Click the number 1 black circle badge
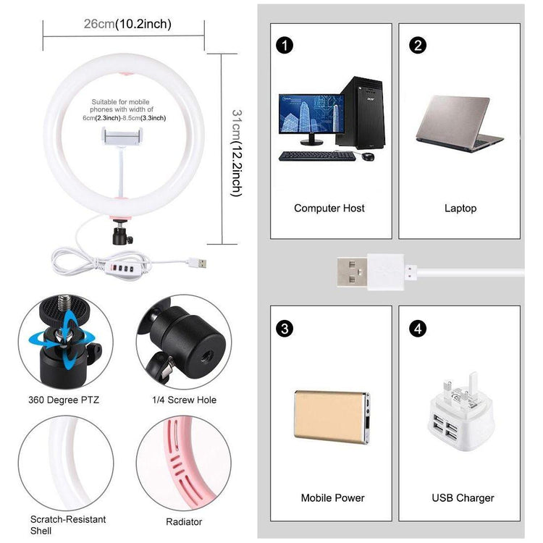pos(285,46)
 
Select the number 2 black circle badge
pos(417,46)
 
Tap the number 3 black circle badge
pos(285,329)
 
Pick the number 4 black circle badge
pos(417,329)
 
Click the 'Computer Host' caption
pos(329,209)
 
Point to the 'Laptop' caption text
pos(460,209)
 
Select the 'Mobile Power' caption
pos(332,498)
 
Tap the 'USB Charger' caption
pos(463,498)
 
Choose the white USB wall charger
pos(460,413)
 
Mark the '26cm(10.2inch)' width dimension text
pos(127,24)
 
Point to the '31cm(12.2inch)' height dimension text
pos(235,153)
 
